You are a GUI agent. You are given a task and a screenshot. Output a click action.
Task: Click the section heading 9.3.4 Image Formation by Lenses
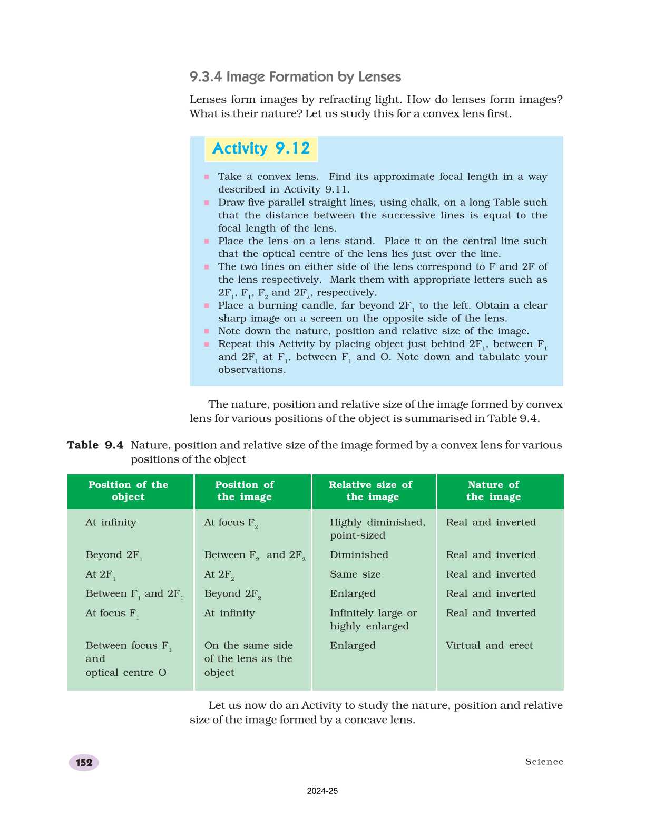(295, 77)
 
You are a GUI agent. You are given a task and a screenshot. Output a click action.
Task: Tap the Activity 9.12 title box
(261, 149)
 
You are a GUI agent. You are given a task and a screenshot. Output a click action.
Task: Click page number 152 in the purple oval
(84, 762)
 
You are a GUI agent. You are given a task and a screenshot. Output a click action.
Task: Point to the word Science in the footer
(544, 762)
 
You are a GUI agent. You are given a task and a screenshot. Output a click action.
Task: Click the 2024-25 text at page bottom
(322, 791)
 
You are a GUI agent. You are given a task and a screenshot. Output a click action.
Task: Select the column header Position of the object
(128, 491)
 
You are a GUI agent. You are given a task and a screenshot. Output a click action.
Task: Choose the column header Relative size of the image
(371, 491)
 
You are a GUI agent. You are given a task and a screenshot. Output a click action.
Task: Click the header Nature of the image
(493, 491)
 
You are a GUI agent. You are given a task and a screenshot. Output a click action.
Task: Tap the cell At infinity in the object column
(111, 522)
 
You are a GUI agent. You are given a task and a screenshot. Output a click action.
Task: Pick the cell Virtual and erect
(489, 645)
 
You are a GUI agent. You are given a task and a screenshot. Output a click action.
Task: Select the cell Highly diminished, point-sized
(376, 529)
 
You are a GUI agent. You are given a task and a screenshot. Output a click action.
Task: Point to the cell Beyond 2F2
(232, 594)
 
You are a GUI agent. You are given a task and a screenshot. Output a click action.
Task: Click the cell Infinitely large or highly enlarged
(373, 619)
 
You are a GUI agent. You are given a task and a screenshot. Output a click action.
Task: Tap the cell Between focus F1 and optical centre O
(126, 658)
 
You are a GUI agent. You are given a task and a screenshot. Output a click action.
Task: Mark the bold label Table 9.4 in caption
(95, 445)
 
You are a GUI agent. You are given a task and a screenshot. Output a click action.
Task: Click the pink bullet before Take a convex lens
(207, 177)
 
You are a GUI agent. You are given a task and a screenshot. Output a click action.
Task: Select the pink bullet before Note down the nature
(207, 331)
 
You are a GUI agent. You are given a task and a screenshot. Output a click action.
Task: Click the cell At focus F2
(230, 523)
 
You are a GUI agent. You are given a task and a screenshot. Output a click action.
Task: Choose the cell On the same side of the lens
(248, 658)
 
